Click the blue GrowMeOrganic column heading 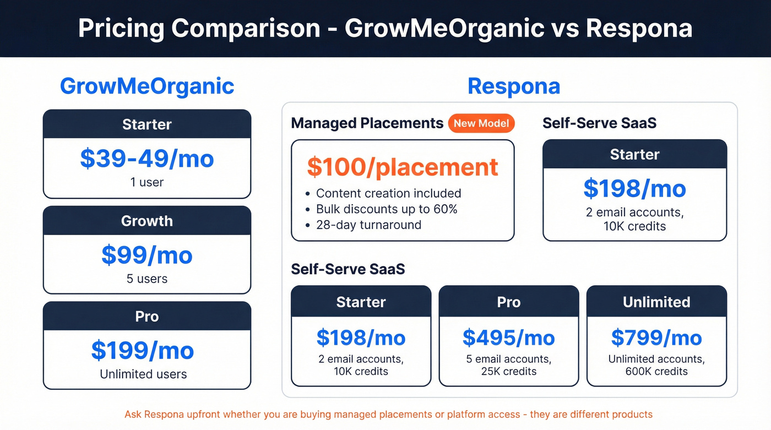pyautogui.click(x=147, y=86)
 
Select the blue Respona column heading pyautogui.click(x=513, y=86)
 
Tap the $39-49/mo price pyautogui.click(x=147, y=159)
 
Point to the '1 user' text pyautogui.click(x=147, y=182)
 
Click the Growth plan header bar pyautogui.click(x=147, y=221)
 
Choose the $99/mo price pyautogui.click(x=147, y=255)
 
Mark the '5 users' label pyautogui.click(x=147, y=279)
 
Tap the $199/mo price pyautogui.click(x=143, y=351)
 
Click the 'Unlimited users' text pyautogui.click(x=143, y=374)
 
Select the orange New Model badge pyautogui.click(x=481, y=123)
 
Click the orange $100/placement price pyautogui.click(x=403, y=167)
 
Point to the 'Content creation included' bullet pyautogui.click(x=388, y=193)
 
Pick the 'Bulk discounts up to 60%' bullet pyautogui.click(x=387, y=209)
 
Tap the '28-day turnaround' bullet pyautogui.click(x=368, y=225)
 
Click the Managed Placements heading pyautogui.click(x=367, y=123)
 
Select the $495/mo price pyautogui.click(x=508, y=338)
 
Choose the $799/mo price pyautogui.click(x=656, y=338)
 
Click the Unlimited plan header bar pyautogui.click(x=656, y=302)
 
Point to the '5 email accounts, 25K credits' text pyautogui.click(x=508, y=365)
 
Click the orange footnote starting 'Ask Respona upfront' pyautogui.click(x=388, y=415)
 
